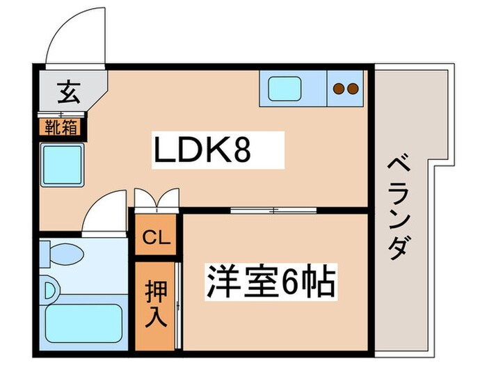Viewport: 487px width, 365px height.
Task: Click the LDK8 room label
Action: (202, 150)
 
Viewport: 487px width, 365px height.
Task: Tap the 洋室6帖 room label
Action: (270, 282)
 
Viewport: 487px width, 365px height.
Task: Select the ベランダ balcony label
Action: (397, 209)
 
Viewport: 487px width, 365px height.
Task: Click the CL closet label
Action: (157, 238)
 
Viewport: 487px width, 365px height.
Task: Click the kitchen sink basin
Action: (284, 88)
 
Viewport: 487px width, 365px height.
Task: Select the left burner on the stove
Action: (340, 88)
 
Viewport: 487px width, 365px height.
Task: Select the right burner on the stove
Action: (353, 88)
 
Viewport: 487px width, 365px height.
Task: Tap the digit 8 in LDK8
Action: (241, 150)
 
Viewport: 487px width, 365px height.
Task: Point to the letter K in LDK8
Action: (214, 150)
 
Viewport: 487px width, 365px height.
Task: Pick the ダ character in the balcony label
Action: (397, 247)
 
